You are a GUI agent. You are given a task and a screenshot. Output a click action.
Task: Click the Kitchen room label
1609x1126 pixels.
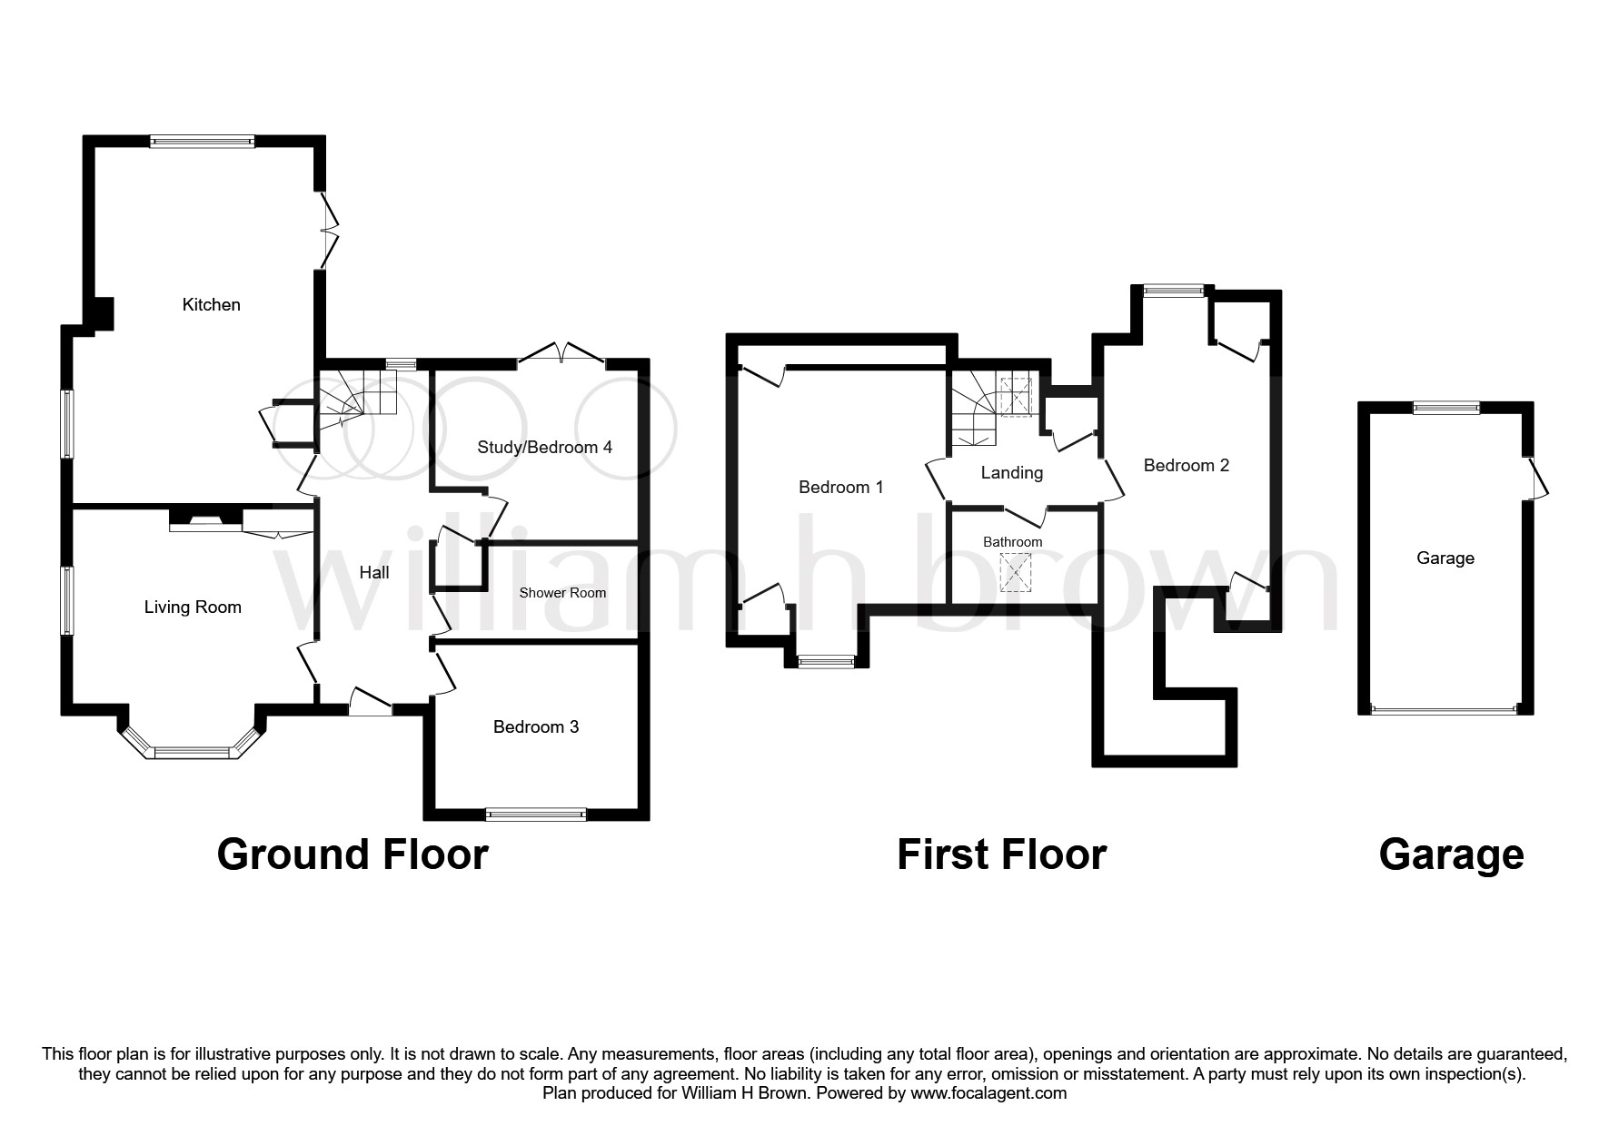click(211, 305)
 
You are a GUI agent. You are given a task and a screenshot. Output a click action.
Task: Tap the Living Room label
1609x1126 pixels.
click(193, 607)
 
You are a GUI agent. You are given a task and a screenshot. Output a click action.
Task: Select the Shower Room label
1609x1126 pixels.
click(562, 593)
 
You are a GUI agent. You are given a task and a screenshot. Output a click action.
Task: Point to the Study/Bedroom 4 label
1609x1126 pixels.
click(544, 448)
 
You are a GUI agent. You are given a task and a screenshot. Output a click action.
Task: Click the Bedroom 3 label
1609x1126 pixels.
click(535, 727)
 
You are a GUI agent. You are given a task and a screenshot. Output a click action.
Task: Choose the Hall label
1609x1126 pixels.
click(374, 572)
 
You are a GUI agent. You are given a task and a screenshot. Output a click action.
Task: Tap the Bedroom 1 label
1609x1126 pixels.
click(840, 488)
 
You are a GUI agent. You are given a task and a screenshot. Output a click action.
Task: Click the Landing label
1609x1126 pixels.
click(1011, 473)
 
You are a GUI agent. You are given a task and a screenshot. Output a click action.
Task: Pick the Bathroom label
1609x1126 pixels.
click(1012, 542)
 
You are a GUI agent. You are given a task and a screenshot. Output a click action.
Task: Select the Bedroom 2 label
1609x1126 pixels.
click(1186, 466)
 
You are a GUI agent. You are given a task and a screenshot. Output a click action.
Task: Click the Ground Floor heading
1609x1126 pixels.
click(353, 855)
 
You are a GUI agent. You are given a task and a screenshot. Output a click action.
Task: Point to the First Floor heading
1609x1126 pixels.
click(1001, 855)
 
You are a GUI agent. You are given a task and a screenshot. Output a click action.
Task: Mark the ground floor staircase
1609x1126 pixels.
click(357, 396)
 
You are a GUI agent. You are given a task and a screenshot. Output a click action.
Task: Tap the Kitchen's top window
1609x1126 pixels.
click(202, 141)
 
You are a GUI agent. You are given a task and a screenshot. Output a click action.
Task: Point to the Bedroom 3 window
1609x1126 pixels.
click(536, 815)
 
